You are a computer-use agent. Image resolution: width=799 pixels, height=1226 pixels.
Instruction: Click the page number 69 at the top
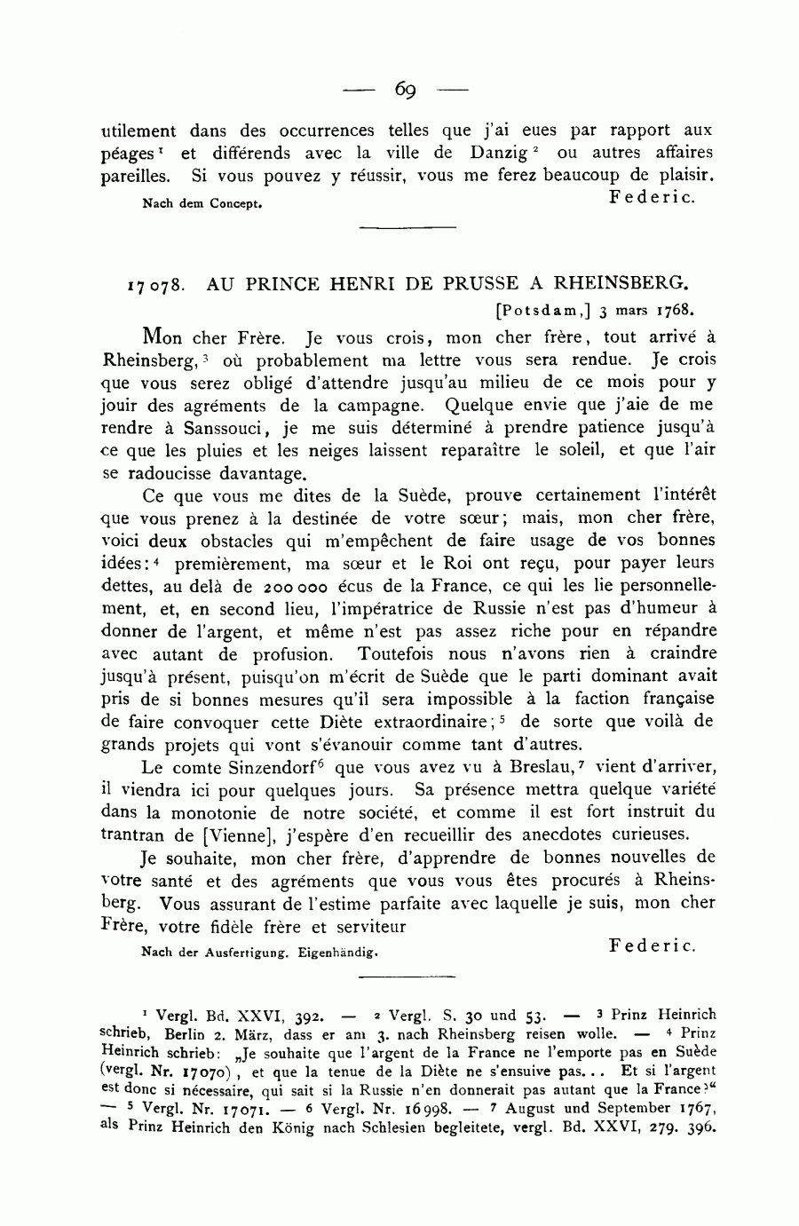(x=407, y=89)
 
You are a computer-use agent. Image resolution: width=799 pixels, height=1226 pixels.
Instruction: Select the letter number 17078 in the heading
(x=156, y=286)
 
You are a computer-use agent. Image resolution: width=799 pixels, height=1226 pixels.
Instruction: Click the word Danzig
(x=504, y=153)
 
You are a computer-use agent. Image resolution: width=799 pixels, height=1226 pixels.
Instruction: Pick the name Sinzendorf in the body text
(x=275, y=767)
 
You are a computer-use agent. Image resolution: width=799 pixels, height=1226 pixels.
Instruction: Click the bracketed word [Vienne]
(x=260, y=834)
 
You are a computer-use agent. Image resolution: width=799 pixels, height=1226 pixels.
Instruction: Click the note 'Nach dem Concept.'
(x=202, y=203)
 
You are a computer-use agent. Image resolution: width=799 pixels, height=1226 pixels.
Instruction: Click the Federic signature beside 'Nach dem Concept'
(x=652, y=196)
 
